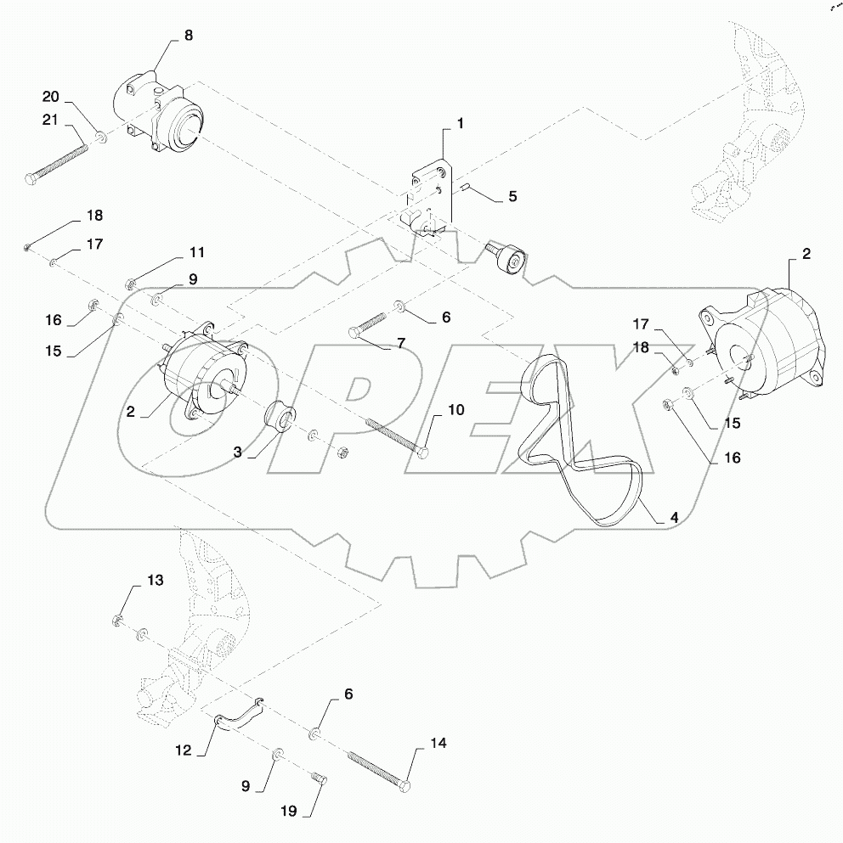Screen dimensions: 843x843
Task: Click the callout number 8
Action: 188,36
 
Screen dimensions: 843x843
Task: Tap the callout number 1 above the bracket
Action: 460,124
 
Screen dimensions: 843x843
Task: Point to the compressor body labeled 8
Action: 161,115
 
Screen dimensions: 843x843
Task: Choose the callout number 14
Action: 438,744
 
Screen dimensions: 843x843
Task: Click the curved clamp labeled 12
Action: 237,713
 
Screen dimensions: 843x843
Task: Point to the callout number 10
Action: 455,410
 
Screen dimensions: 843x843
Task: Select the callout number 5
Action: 512,196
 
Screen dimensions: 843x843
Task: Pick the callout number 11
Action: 196,252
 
